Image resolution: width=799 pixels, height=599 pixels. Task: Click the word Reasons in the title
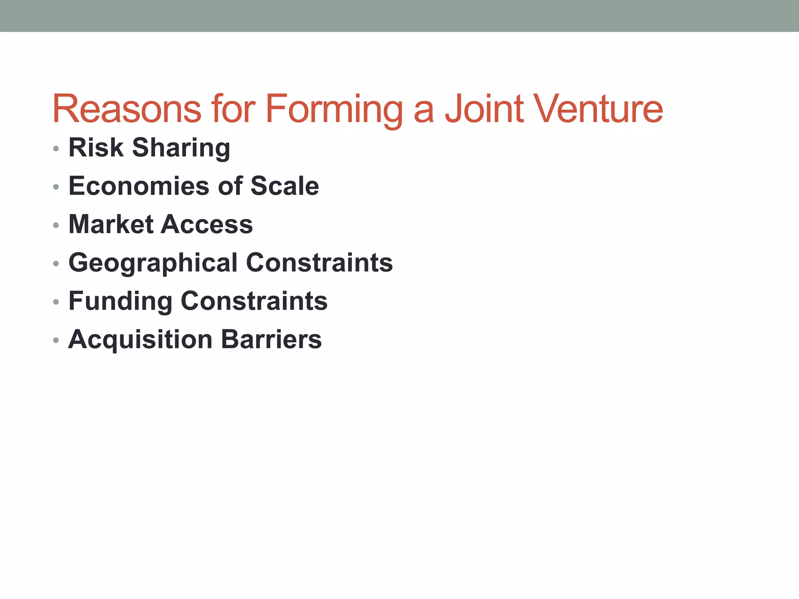coord(127,109)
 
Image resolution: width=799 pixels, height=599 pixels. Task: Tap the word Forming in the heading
coord(334,109)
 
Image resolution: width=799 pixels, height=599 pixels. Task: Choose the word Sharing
coord(181,148)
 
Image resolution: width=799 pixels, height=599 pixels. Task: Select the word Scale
coord(284,186)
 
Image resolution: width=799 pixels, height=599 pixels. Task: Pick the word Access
coord(207,224)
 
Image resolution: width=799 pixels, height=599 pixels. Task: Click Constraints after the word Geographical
coord(320,262)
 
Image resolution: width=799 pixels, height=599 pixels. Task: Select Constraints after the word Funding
coord(254,301)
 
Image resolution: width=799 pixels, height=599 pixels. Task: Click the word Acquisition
coord(140,339)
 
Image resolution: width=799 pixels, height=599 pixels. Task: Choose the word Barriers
coord(272,339)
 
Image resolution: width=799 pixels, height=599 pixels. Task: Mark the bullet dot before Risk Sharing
coord(56,149)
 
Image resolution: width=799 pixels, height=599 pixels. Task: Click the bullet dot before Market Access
coord(56,225)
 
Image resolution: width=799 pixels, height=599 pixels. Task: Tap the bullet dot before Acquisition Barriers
coord(56,340)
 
